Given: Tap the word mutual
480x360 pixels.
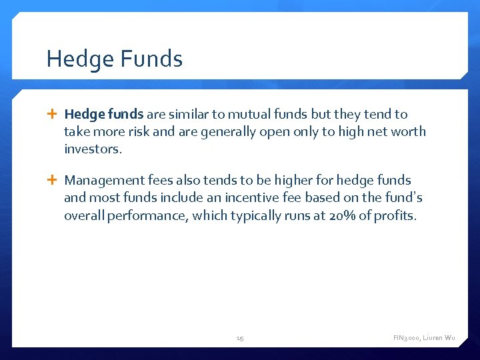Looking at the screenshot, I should pos(249,114).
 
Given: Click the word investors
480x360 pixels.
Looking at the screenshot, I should pos(93,149).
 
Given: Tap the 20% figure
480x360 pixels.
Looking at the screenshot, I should pos(341,215).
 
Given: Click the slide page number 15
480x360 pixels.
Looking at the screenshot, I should pos(240,339).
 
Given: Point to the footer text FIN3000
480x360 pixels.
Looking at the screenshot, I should pos(406,339).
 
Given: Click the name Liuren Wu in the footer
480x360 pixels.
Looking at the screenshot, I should pos(439,339).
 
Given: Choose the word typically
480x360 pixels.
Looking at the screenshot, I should pos(249,215).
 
